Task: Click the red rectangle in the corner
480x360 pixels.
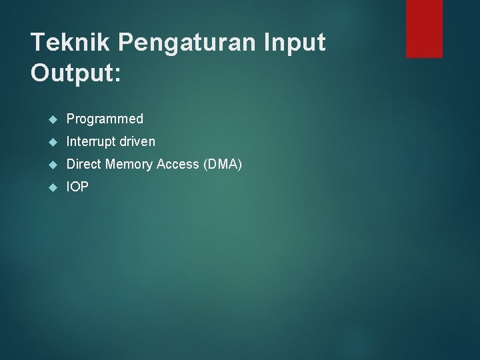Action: coord(424,29)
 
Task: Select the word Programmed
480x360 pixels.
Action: coord(105,119)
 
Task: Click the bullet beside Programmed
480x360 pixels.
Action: coord(53,119)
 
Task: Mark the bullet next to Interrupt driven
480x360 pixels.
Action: coord(53,142)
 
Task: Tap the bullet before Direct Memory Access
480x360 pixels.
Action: coord(53,165)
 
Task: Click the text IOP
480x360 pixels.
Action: coord(77,187)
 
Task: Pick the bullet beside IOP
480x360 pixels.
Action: coord(53,187)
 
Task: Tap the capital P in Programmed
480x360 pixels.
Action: coord(71,119)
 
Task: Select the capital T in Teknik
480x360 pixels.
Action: coord(38,43)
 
